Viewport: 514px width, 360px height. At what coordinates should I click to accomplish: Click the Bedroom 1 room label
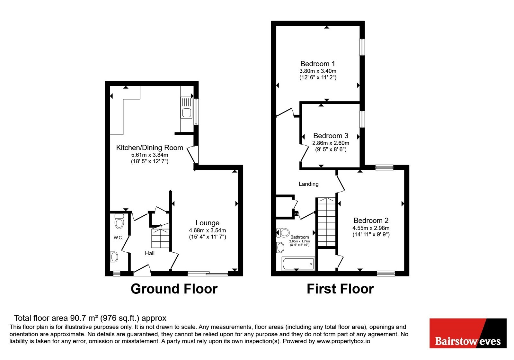click(x=318, y=64)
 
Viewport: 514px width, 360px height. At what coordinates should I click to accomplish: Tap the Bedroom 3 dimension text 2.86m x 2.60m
click(x=331, y=143)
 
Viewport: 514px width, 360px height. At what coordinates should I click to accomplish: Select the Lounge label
click(x=208, y=223)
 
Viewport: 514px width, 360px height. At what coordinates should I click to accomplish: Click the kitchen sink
click(x=186, y=107)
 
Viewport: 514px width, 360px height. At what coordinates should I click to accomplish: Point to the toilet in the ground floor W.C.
click(x=119, y=221)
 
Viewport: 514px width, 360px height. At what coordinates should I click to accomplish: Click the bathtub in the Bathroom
click(x=298, y=264)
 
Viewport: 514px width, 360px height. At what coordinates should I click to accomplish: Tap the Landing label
click(x=308, y=184)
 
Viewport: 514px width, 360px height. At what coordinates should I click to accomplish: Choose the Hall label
click(x=150, y=253)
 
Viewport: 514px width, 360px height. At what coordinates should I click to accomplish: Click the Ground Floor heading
click(x=174, y=289)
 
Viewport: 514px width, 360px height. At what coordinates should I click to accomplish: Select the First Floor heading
click(x=340, y=289)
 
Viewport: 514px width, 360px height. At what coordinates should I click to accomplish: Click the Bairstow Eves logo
click(x=468, y=333)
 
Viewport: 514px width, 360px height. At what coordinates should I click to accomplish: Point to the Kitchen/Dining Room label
click(x=150, y=148)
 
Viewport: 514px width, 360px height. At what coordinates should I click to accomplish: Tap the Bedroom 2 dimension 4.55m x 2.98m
click(x=371, y=228)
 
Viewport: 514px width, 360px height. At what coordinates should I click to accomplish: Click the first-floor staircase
click(x=326, y=222)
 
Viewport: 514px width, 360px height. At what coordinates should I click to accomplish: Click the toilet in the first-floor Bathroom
click(x=283, y=233)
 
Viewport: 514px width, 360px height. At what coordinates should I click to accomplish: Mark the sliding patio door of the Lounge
click(x=208, y=274)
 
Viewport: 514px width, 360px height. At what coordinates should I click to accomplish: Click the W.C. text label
click(x=118, y=238)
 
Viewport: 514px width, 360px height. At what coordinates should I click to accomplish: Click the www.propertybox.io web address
click(x=343, y=341)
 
